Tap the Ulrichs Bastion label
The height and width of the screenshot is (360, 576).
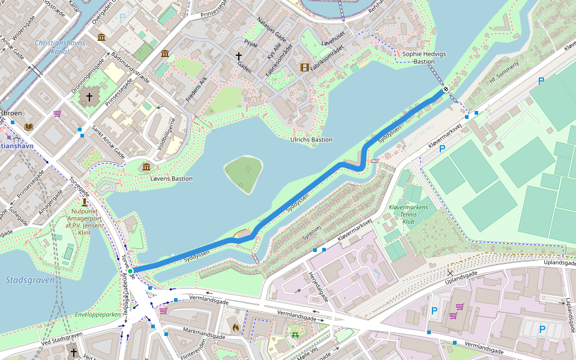tap(311, 140)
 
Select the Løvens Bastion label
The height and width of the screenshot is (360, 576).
tap(172, 179)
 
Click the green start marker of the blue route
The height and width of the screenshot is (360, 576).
tap(130, 271)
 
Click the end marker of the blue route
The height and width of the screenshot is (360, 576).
tap(445, 90)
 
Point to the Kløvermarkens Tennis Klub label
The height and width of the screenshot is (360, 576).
tap(409, 214)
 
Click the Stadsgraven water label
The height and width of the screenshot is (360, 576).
tap(30, 280)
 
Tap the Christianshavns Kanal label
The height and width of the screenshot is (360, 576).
tap(60, 47)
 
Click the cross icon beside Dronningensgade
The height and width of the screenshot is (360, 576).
tap(90, 97)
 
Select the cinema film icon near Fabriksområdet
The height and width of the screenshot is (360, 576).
tap(304, 67)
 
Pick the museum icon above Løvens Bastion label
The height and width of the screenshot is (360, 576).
tap(146, 166)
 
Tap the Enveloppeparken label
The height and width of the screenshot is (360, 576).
tap(98, 314)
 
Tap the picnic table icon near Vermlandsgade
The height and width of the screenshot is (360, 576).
tap(295, 335)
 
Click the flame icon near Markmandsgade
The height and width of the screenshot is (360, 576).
tap(235, 328)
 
